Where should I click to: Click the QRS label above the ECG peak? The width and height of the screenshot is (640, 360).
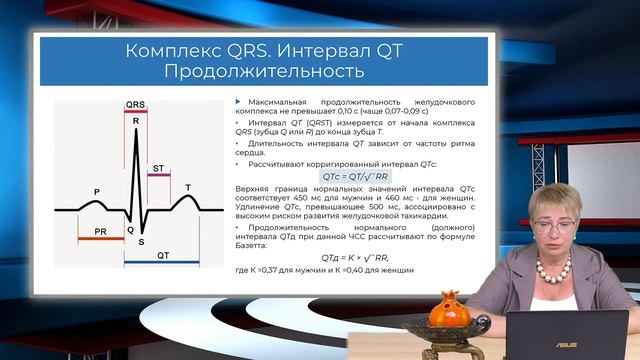point(135,103)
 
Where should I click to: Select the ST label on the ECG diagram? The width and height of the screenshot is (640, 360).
point(159,168)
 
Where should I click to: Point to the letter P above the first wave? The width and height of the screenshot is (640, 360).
point(97,191)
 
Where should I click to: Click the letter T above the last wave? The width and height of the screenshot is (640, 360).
point(188,187)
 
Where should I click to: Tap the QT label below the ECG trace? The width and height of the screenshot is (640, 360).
point(162,255)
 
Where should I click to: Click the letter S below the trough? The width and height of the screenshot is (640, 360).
point(141,241)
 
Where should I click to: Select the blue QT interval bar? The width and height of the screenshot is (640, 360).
point(162,264)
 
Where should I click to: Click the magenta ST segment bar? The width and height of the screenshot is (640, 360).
point(159,176)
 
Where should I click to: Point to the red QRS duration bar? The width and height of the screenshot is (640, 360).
point(135,111)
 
